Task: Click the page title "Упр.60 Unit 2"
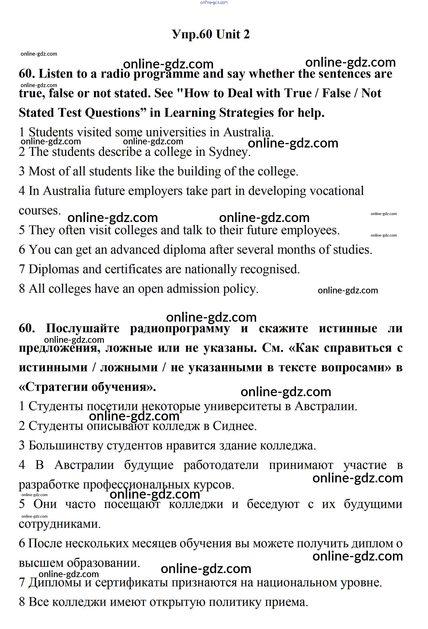tap(211, 34)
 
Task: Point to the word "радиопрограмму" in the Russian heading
tap(180, 328)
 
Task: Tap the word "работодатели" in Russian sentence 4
tap(221, 465)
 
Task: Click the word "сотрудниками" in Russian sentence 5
tap(59, 524)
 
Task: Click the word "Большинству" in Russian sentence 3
tap(66, 445)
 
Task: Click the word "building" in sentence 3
tap(199, 171)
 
